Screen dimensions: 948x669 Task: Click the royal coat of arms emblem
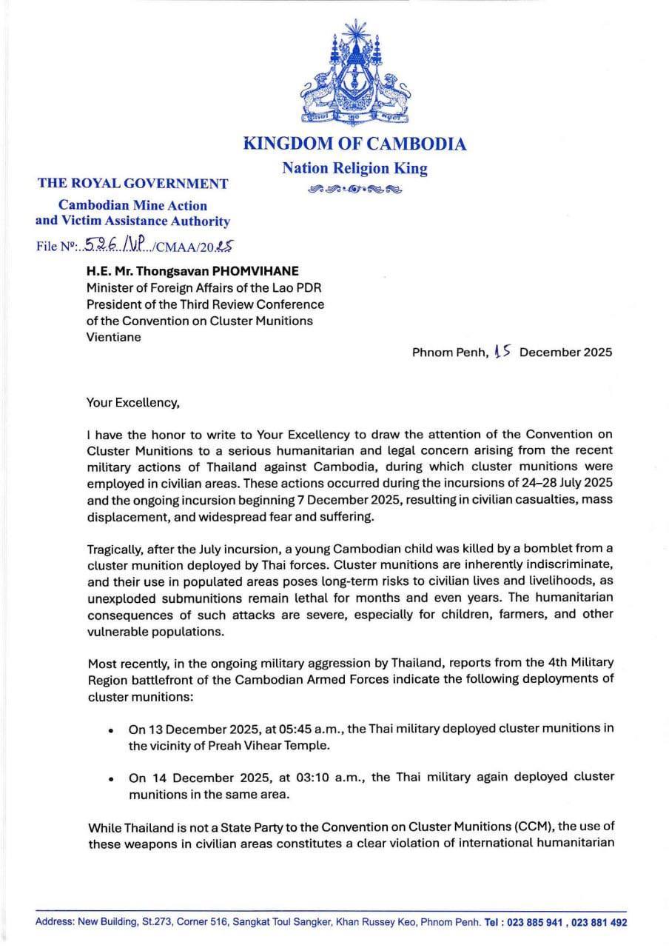[354, 73]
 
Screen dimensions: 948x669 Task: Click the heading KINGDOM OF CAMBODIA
[354, 144]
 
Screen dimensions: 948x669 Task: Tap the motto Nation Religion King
[354, 168]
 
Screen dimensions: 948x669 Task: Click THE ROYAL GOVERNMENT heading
[133, 184]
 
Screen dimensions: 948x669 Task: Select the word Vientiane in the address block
[114, 336]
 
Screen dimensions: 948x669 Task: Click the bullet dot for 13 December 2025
[110, 730]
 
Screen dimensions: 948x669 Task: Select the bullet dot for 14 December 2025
[110, 778]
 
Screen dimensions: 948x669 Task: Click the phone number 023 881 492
[599, 922]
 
